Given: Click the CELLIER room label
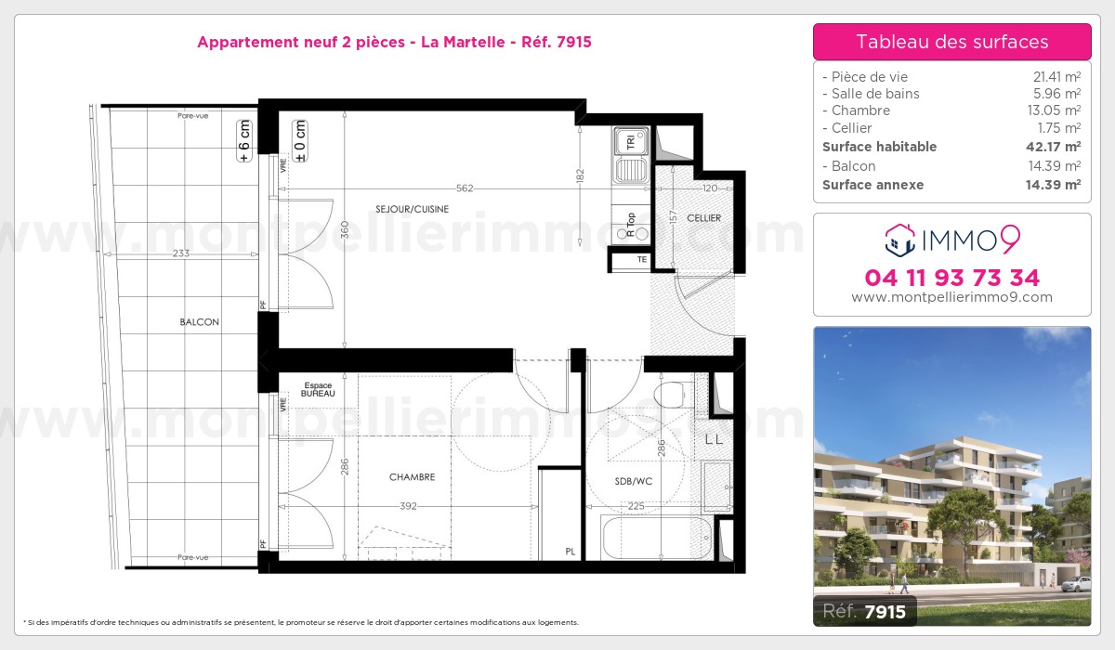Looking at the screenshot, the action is tap(703, 218).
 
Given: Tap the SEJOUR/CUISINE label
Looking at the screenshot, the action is tap(412, 209).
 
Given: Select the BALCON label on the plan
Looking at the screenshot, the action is tap(199, 322).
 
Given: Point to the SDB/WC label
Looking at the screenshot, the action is tap(633, 481).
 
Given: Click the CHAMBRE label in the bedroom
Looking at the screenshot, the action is tap(412, 477).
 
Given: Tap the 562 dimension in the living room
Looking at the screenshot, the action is tap(465, 188).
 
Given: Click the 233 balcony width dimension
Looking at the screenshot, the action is tap(180, 253).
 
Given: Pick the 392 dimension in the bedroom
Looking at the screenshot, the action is tap(408, 506).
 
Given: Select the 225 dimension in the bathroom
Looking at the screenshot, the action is tap(636, 506).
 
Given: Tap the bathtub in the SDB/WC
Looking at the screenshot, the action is tap(657, 538).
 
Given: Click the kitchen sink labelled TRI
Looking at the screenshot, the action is tap(631, 155).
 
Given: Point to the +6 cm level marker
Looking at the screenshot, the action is tap(244, 141).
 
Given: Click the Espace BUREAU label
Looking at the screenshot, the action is tap(318, 389).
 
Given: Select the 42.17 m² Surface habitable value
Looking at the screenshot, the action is tap(1053, 147).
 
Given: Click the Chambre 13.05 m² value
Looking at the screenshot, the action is tap(1054, 110).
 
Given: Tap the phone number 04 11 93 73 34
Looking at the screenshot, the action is tap(951, 278).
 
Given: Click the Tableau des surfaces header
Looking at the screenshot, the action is tap(951, 42).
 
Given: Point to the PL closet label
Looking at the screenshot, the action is tap(570, 552).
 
